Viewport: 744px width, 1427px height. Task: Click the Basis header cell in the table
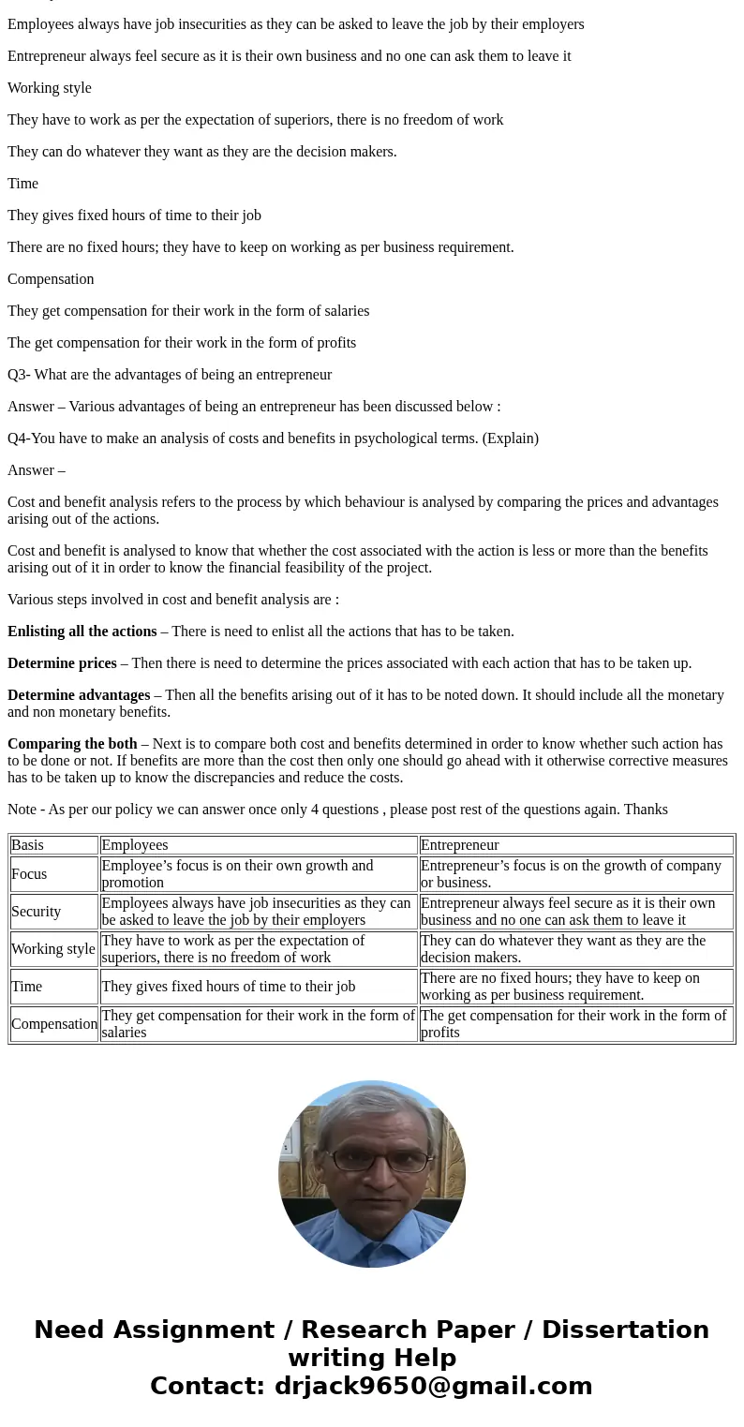27,845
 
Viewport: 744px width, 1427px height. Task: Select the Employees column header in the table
134,845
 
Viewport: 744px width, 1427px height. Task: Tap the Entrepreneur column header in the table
459,845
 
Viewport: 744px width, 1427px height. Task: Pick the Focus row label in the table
29,874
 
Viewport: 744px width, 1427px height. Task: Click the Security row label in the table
36,912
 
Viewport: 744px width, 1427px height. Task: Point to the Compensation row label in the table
54,1024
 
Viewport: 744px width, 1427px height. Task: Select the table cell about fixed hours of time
228,987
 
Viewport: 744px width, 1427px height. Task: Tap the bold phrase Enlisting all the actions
82,632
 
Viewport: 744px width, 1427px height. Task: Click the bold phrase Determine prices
62,663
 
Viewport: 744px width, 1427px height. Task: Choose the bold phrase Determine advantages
79,695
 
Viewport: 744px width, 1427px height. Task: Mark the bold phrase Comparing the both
72,744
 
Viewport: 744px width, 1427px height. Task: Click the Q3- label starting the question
19,375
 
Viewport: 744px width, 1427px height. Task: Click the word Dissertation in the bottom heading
625,1330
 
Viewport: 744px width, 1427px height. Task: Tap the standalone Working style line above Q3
50,88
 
